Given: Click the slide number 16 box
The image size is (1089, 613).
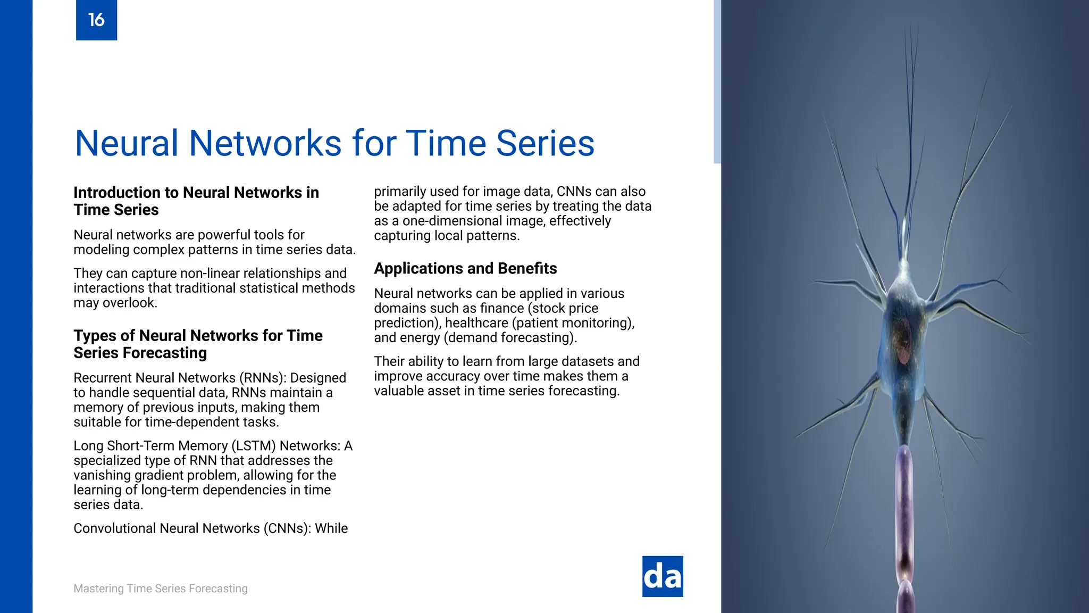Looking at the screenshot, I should (x=96, y=20).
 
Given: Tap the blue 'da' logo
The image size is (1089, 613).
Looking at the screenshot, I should (x=662, y=576).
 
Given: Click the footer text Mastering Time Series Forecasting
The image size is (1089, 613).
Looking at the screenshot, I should (x=160, y=589).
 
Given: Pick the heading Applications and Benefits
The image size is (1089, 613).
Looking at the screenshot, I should (x=465, y=268).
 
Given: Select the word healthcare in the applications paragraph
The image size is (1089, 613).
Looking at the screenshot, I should (x=476, y=323).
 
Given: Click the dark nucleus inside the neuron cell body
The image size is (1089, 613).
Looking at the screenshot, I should (x=903, y=341).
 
